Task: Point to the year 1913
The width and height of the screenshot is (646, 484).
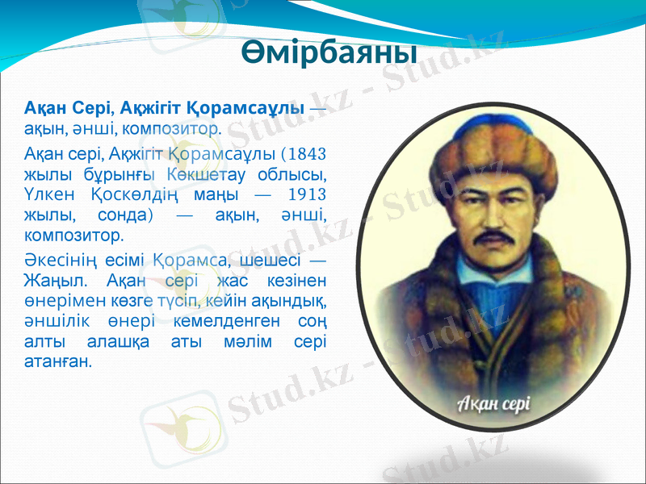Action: [x=309, y=194]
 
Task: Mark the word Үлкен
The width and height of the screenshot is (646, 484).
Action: [x=48, y=194]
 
